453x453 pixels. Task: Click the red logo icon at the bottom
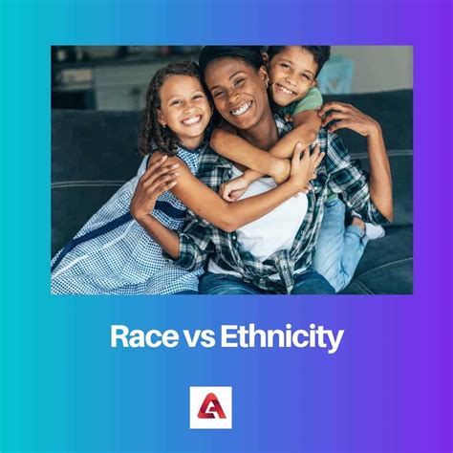pyautogui.click(x=210, y=406)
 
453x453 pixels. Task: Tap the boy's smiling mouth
pyautogui.click(x=285, y=93)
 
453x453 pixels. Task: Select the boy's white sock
pyautogui.click(x=374, y=230)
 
